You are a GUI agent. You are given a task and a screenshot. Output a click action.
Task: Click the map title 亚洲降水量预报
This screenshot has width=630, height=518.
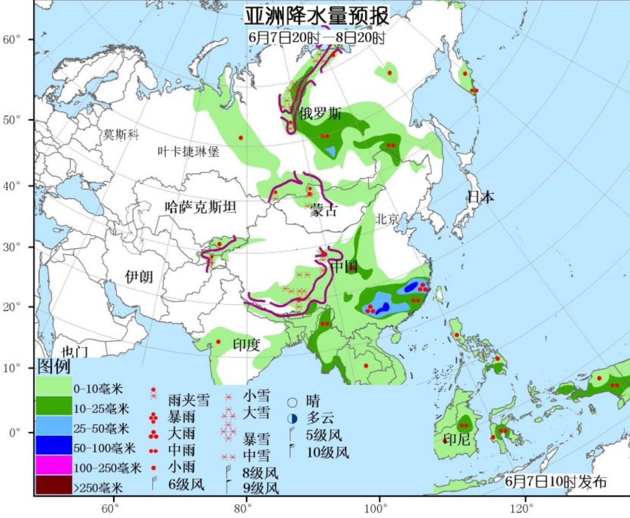click(x=317, y=16)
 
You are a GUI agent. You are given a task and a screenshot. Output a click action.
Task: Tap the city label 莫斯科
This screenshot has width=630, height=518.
click(x=121, y=134)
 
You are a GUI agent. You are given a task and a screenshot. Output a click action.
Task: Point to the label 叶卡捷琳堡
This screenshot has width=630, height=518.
click(x=188, y=152)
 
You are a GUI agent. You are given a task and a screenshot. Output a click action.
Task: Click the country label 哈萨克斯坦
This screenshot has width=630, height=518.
click(x=200, y=207)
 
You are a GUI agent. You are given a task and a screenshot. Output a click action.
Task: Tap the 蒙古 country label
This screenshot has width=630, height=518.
click(x=324, y=210)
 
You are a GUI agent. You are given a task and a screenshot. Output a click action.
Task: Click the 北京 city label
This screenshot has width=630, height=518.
click(x=387, y=219)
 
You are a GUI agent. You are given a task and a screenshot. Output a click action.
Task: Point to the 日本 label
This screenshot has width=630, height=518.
click(x=480, y=196)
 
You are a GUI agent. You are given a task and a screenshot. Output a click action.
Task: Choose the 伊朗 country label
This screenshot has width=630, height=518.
click(x=139, y=277)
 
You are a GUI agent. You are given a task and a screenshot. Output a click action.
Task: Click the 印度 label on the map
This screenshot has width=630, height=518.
click(x=246, y=344)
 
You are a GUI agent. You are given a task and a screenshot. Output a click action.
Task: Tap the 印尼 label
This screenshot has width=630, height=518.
click(x=457, y=440)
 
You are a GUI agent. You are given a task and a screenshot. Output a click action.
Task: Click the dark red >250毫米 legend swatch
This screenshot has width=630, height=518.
click(x=54, y=485)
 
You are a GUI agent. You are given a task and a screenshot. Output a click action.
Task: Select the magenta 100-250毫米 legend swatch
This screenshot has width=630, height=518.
click(x=54, y=465)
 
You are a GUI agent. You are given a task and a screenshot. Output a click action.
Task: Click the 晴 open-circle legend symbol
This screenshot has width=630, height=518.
click(x=292, y=402)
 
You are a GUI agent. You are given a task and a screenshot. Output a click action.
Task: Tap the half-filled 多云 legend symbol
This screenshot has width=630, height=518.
click(x=292, y=418)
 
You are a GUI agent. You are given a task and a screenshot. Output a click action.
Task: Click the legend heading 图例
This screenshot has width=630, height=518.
click(x=54, y=367)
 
